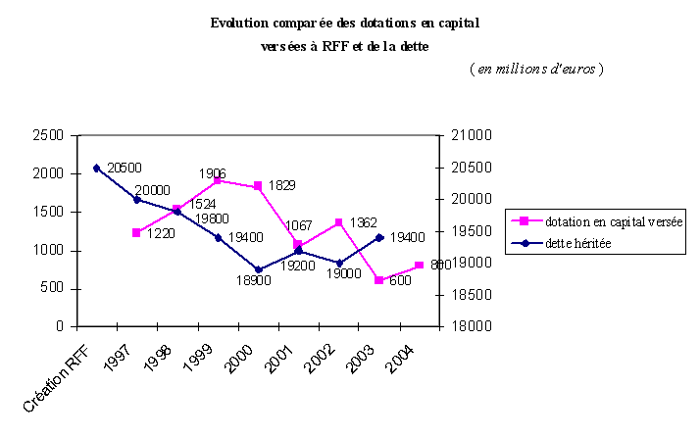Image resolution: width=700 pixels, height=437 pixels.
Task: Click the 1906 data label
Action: click(x=213, y=173)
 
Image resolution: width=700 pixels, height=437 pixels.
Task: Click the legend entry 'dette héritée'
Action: click(x=577, y=243)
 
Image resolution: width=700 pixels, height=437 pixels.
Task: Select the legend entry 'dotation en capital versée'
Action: click(x=614, y=222)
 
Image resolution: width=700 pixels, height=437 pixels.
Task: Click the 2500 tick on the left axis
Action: click(x=48, y=136)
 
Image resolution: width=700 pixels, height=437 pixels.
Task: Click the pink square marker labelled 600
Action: click(x=378, y=280)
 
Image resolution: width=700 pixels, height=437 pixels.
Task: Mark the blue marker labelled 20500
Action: click(x=96, y=168)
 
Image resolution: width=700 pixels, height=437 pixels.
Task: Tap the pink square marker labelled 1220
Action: click(x=136, y=232)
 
